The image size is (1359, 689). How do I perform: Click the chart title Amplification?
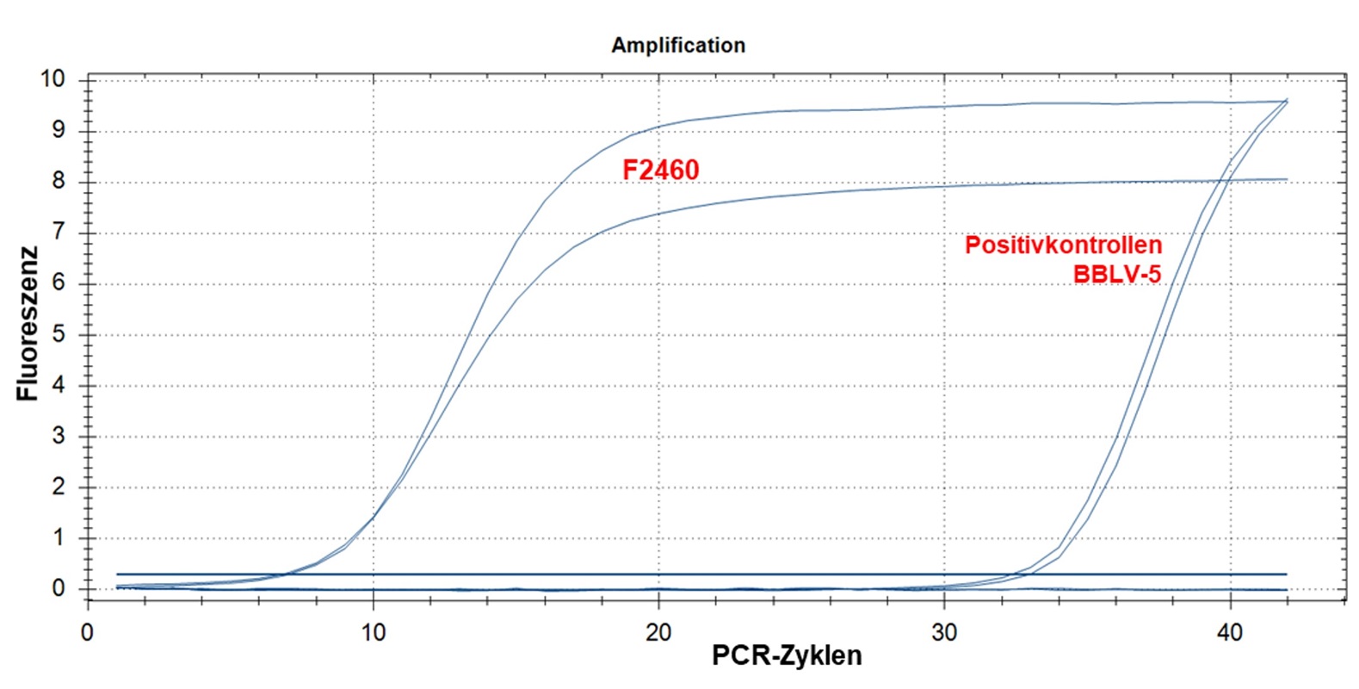tap(678, 46)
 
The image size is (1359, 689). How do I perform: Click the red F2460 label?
tap(660, 171)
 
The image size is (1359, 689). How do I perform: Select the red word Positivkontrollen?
tap(1063, 245)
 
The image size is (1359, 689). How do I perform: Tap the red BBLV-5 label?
tap(1116, 275)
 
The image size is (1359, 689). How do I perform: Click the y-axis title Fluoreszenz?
tap(28, 324)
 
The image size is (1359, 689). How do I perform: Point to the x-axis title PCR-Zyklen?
tap(786, 655)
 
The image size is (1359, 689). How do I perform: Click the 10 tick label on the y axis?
tap(53, 79)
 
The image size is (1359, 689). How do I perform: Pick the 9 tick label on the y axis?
tap(59, 130)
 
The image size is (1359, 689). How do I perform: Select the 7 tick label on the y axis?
tap(59, 232)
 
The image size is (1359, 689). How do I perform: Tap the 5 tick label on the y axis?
tap(59, 334)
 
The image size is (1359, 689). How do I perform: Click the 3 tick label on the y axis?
tap(59, 436)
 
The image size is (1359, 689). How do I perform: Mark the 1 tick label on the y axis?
tap(59, 538)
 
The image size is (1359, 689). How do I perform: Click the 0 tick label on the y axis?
tap(59, 589)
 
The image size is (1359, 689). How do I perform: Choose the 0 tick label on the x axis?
tap(87, 633)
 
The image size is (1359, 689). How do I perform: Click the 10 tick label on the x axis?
tap(373, 633)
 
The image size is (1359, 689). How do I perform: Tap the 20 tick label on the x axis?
tap(658, 633)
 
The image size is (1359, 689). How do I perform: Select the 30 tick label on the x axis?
tap(944, 633)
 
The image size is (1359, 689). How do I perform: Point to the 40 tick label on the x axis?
tap(1230, 633)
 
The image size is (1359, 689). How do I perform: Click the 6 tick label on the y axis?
tap(59, 283)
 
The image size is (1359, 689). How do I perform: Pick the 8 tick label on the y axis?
tap(59, 181)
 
